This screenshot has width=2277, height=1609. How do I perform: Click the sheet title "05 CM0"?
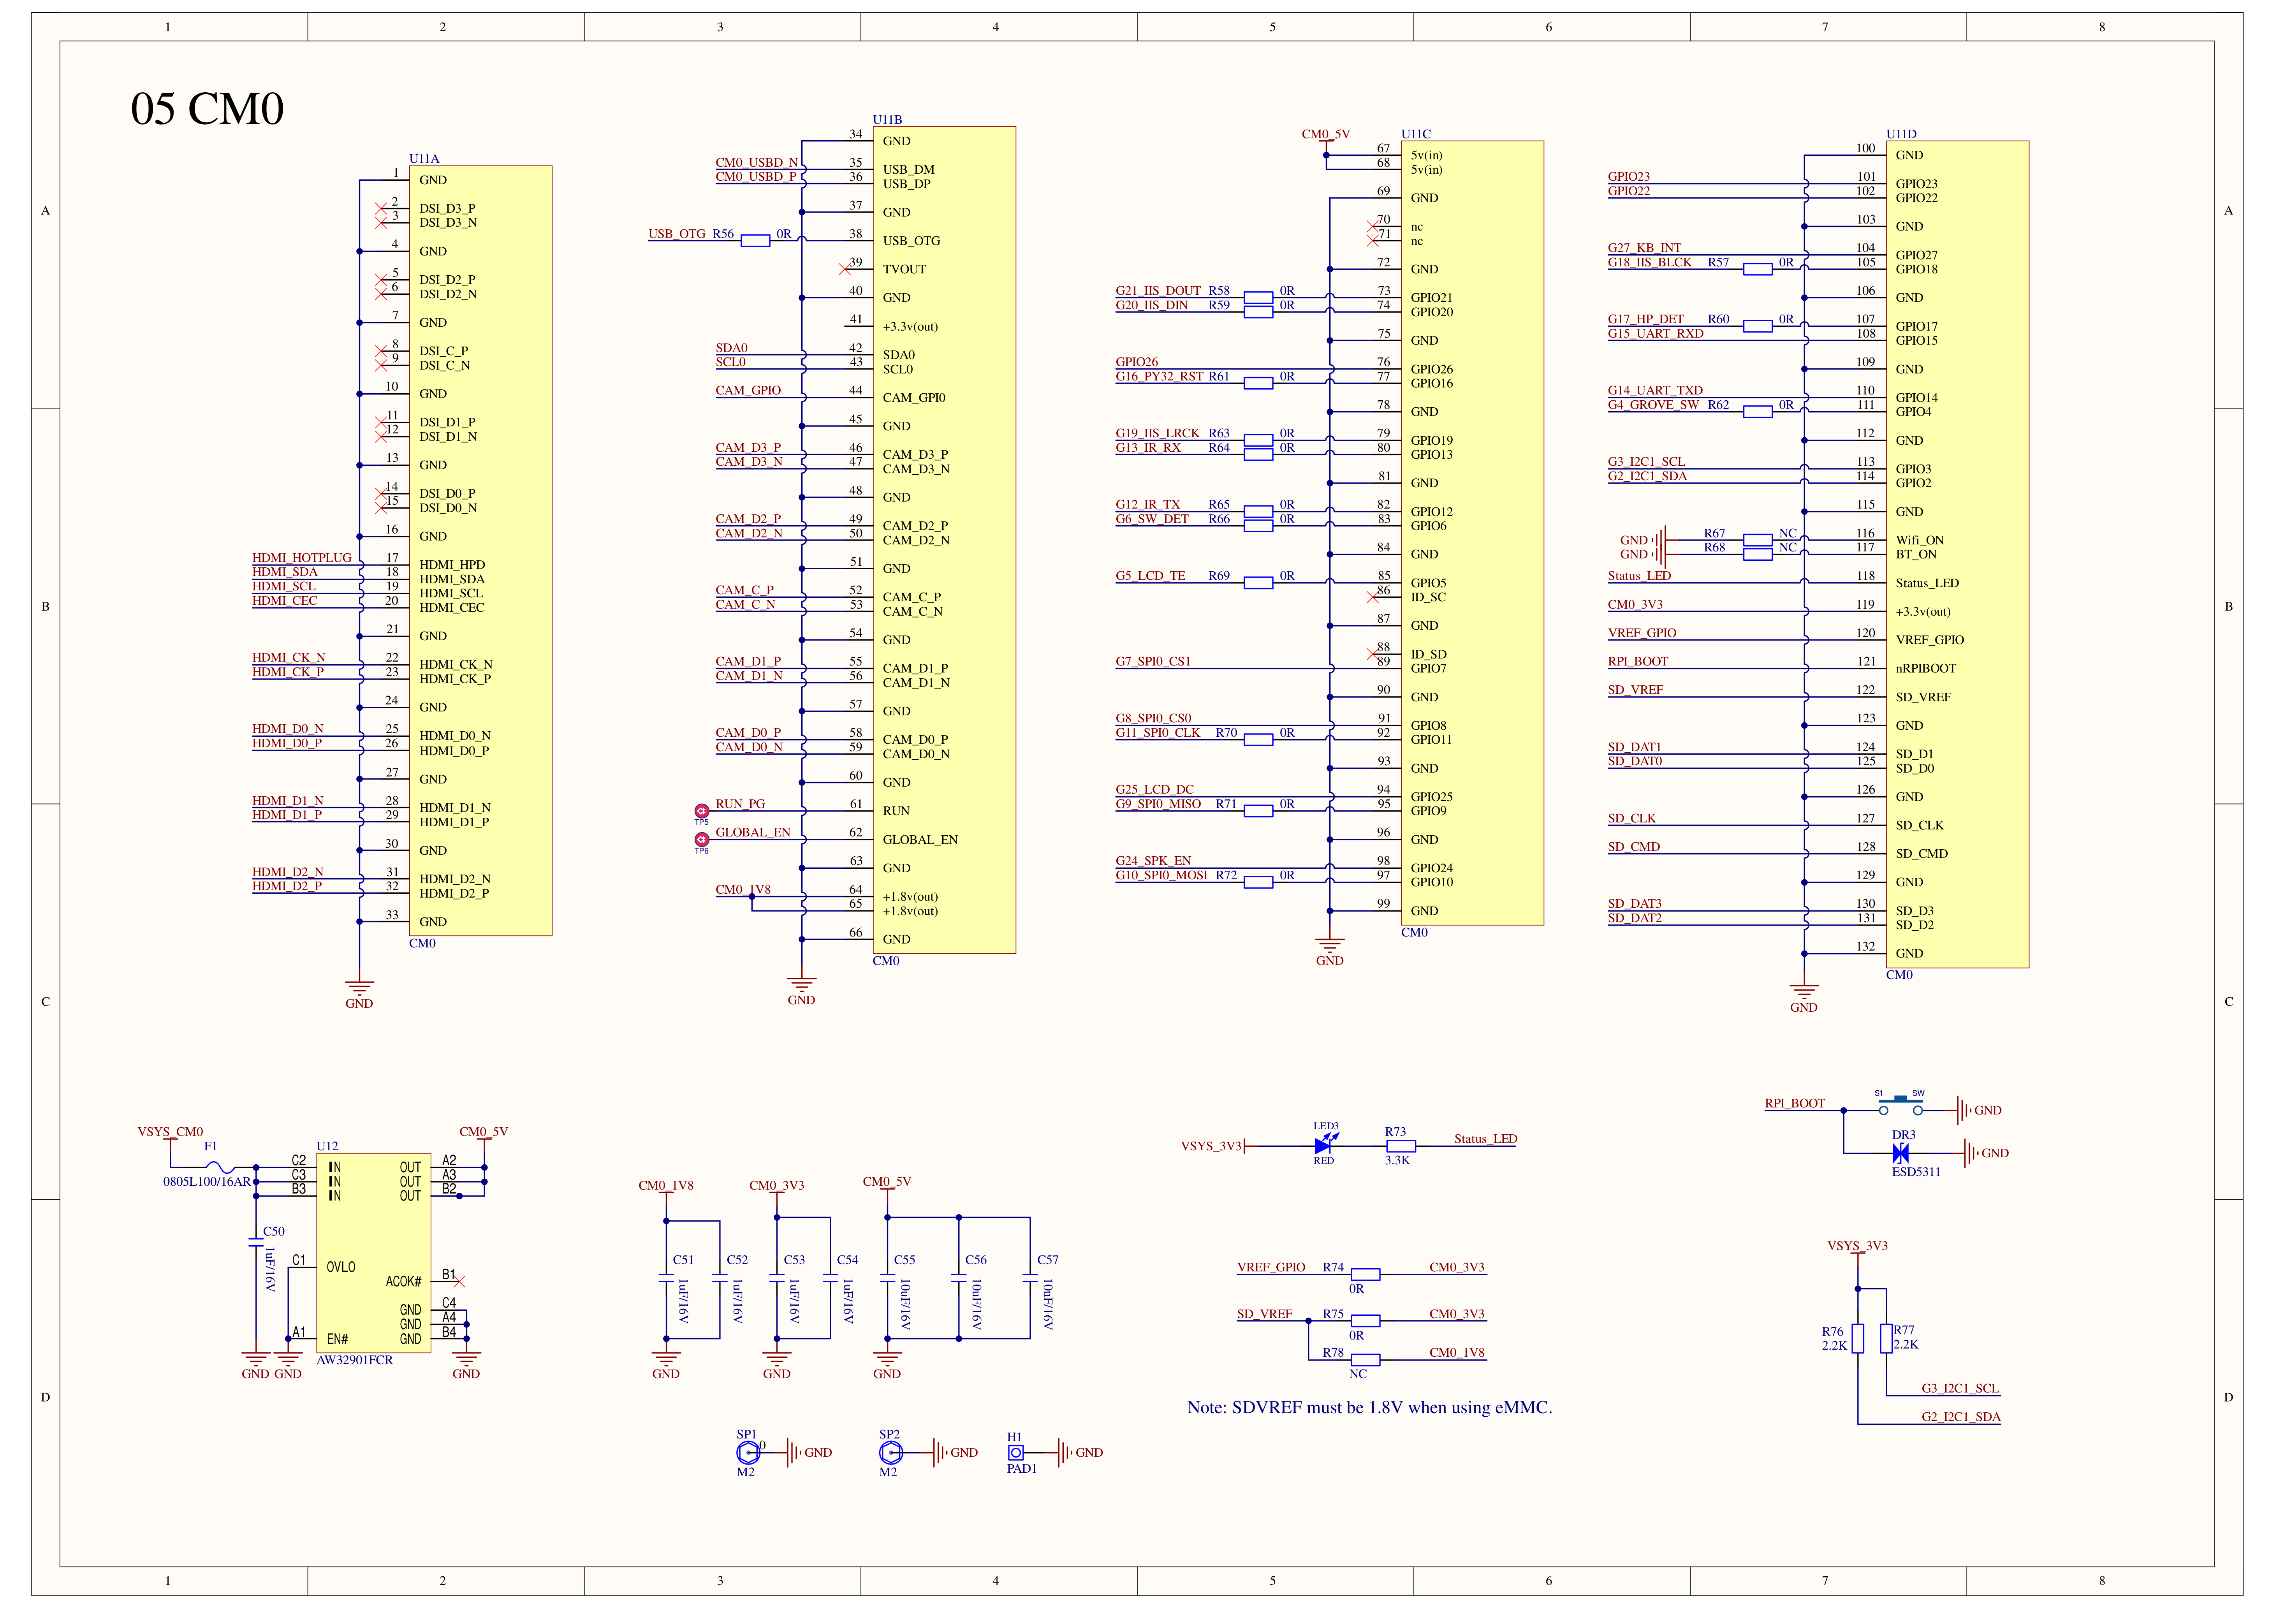coord(207,109)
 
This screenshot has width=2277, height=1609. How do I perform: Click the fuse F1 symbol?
coord(220,1167)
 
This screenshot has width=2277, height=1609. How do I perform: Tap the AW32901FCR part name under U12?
coord(354,1360)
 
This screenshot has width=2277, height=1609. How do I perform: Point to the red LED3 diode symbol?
coord(1323,1146)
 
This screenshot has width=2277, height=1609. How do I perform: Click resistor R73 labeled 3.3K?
coord(1400,1146)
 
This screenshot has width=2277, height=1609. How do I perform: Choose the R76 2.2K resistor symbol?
coord(1858,1338)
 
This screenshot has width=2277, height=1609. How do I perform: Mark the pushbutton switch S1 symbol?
coord(1899,1104)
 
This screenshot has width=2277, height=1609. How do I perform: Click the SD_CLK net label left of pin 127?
coord(1631,819)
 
